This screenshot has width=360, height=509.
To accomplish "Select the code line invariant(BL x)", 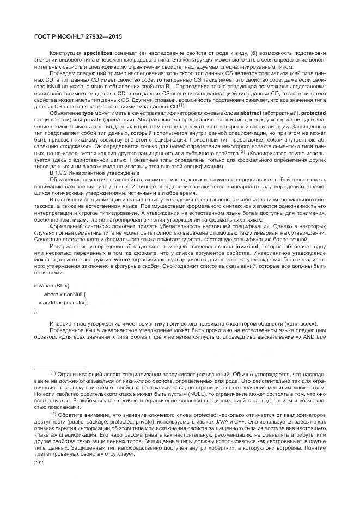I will [52, 285].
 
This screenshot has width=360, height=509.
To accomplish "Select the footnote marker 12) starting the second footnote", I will [53, 413].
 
